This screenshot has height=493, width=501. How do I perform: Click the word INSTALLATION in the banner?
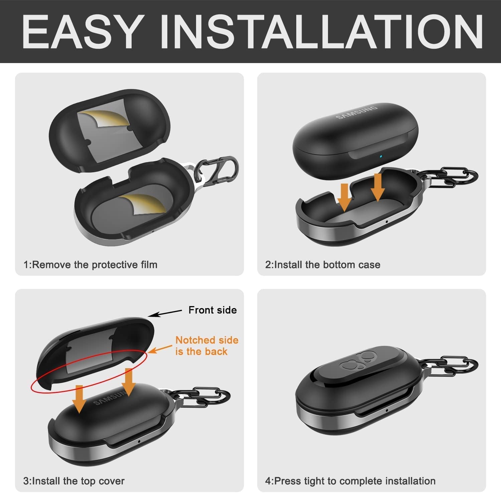(x=321, y=32)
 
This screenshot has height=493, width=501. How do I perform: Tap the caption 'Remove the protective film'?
(x=90, y=265)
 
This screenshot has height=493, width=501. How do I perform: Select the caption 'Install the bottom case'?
(x=323, y=265)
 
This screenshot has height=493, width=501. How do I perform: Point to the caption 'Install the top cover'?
(x=74, y=481)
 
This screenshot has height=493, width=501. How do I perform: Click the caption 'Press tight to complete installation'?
(x=350, y=481)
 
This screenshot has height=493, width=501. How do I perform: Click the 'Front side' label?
(x=212, y=310)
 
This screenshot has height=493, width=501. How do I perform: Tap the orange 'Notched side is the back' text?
(x=207, y=346)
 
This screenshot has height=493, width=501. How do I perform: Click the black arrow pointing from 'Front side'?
(x=165, y=313)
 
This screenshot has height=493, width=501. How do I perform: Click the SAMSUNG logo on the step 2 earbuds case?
(x=356, y=112)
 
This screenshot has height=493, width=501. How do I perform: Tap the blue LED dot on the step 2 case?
(x=380, y=156)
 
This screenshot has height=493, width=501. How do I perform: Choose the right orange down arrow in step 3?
(x=129, y=382)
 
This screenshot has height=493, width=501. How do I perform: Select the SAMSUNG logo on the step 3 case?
(x=111, y=398)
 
